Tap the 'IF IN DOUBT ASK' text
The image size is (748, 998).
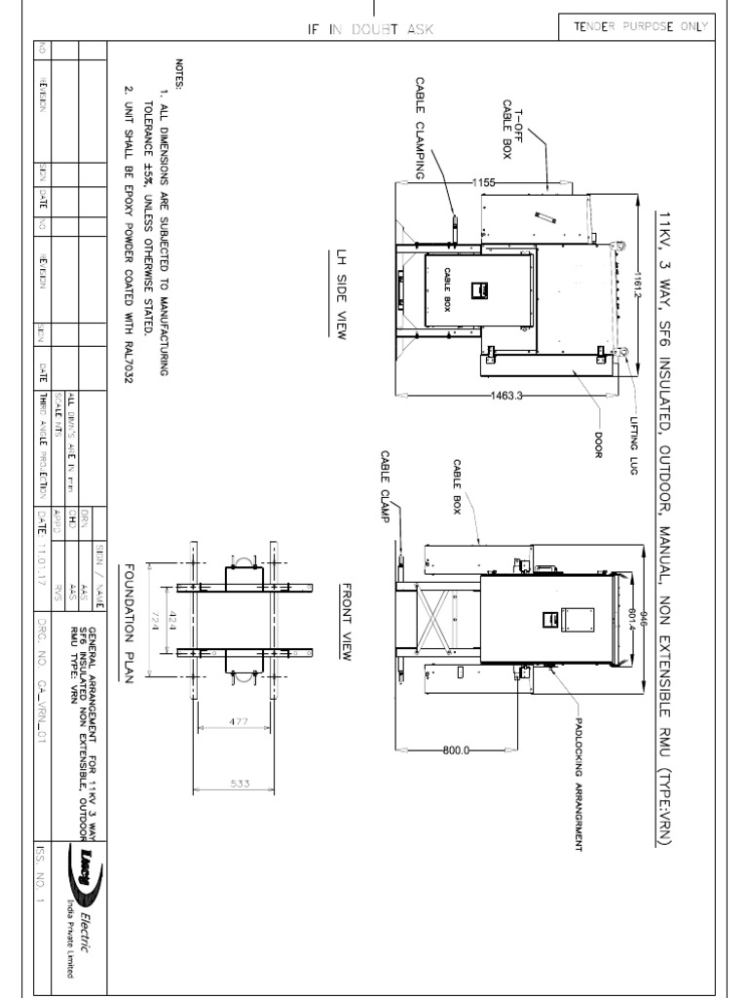point(370,30)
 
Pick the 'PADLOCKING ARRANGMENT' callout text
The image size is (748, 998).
point(577,779)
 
